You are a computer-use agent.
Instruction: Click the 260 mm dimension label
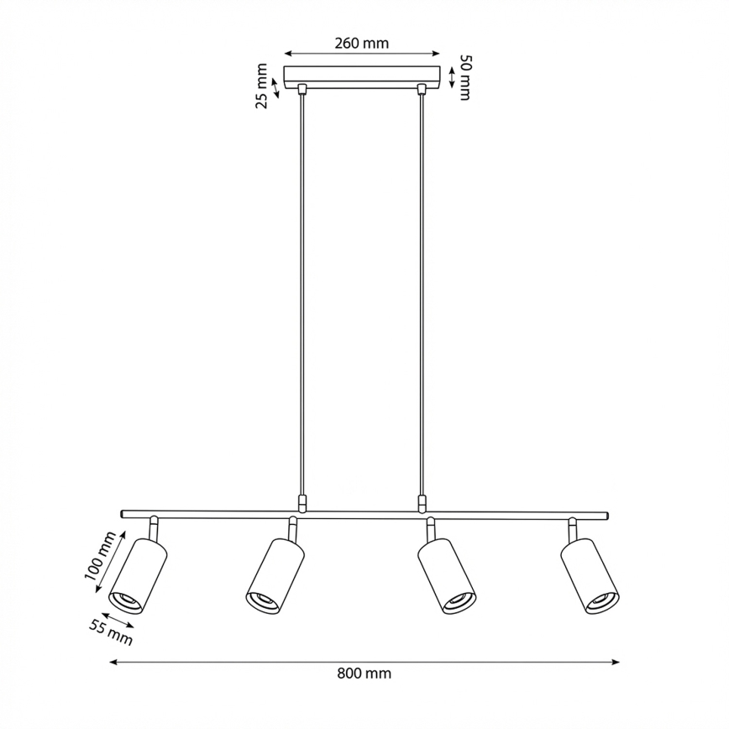point(361,44)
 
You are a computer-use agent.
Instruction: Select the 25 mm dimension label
point(262,87)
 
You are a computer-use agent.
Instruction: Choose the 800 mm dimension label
point(364,673)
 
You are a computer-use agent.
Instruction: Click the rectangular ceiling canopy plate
point(362,76)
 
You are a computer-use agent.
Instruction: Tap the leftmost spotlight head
point(139,577)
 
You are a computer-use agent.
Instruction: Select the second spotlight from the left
point(275,575)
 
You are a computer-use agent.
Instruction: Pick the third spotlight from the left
point(446,575)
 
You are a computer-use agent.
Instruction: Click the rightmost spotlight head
point(589,575)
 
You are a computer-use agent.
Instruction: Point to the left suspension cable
point(302,294)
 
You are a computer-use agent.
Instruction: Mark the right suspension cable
point(421,294)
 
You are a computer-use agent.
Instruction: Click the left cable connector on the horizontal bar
point(302,502)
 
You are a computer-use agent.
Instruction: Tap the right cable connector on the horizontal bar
point(421,502)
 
